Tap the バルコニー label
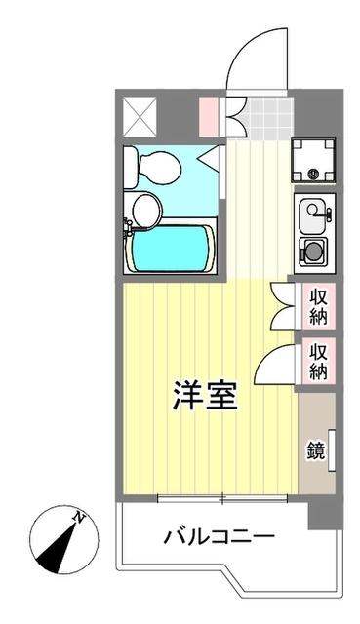(x=219, y=535)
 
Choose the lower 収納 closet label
(x=318, y=359)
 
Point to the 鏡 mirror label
(x=316, y=449)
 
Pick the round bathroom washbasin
(x=147, y=207)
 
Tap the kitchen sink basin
(x=314, y=211)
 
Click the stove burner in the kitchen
(x=314, y=251)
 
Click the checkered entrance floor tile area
(x=261, y=118)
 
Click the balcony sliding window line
(x=223, y=499)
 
